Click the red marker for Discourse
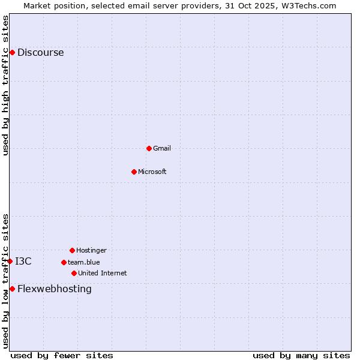(x=12, y=52)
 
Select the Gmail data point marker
(x=149, y=148)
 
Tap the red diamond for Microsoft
(x=134, y=172)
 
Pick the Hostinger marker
(x=72, y=250)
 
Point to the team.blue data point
(x=64, y=262)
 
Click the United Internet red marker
(x=74, y=273)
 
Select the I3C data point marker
(x=10, y=261)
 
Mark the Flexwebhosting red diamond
(x=12, y=289)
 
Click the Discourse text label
(x=40, y=52)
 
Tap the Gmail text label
(x=162, y=148)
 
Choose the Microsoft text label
(x=152, y=172)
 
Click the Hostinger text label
(x=91, y=250)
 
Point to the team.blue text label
(x=84, y=262)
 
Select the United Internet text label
(x=103, y=273)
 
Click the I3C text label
(x=23, y=261)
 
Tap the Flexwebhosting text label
(x=55, y=289)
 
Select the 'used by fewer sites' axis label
(x=62, y=355)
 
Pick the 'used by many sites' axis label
(x=301, y=355)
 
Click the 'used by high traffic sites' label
(x=5, y=85)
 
